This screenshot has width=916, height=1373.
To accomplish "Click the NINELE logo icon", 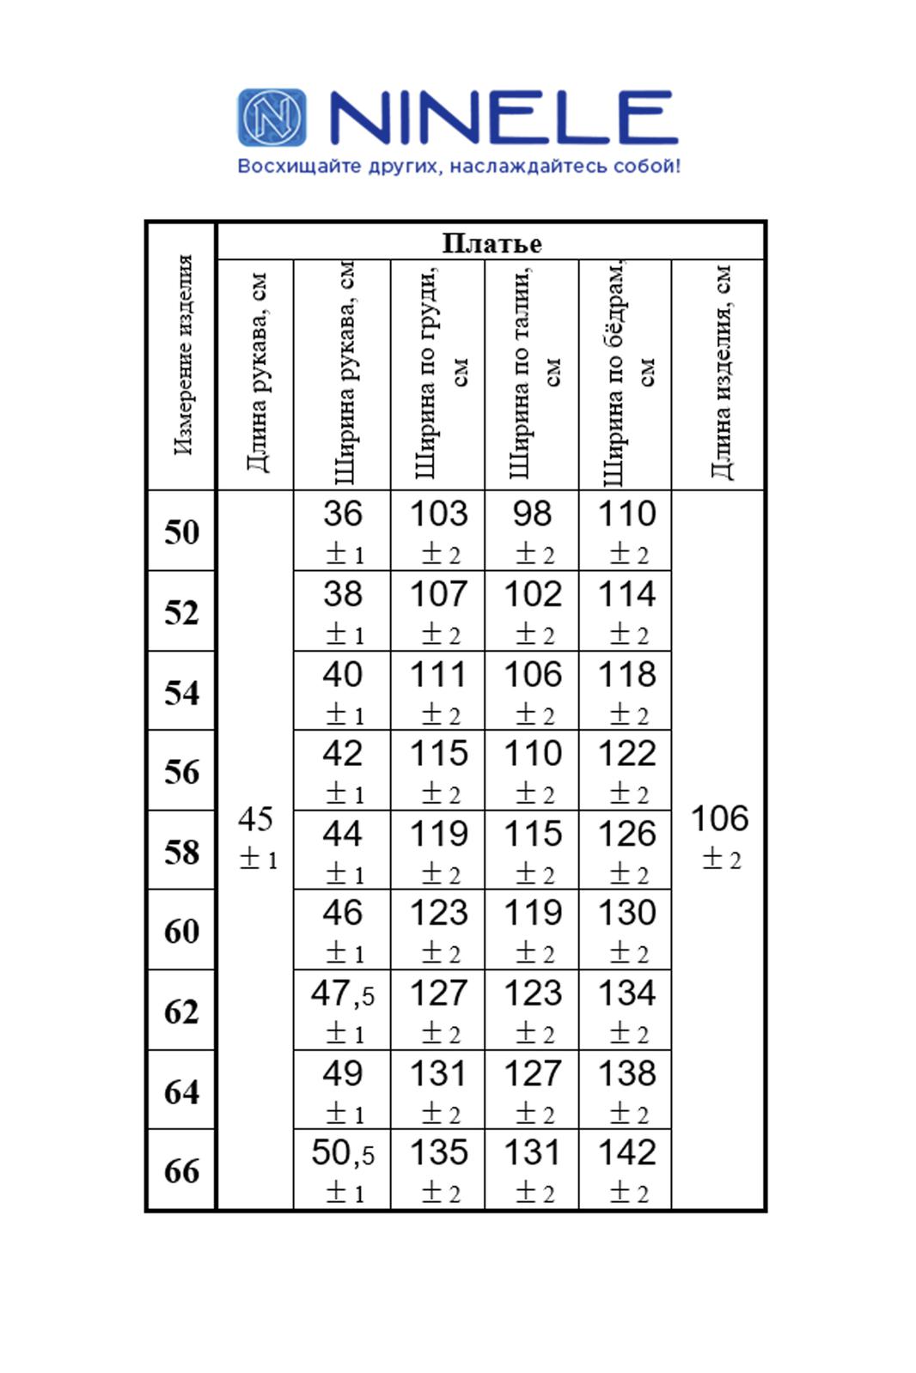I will pyautogui.click(x=272, y=117).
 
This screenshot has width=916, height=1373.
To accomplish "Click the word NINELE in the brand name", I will pyautogui.click(x=504, y=118).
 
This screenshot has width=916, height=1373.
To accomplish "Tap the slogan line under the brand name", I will pyautogui.click(x=459, y=166).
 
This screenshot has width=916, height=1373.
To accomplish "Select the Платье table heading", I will pyautogui.click(x=492, y=243).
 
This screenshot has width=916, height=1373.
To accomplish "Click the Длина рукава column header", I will pyautogui.click(x=256, y=374).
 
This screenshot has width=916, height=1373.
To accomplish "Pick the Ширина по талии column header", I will pyautogui.click(x=532, y=374).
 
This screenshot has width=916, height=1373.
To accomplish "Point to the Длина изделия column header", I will pyautogui.click(x=720, y=374).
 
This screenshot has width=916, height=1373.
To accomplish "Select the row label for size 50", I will pyautogui.click(x=182, y=532).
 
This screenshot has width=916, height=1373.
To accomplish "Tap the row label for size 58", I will pyautogui.click(x=182, y=852).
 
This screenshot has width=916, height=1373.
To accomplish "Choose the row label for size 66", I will pyautogui.click(x=182, y=1170).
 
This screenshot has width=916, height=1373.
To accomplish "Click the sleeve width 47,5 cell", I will pyautogui.click(x=343, y=1010).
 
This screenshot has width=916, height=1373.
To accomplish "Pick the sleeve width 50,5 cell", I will pyautogui.click(x=343, y=1169).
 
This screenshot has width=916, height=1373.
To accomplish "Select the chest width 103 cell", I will pyautogui.click(x=438, y=530).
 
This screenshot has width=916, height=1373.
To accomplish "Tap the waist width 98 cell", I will pyautogui.click(x=532, y=530).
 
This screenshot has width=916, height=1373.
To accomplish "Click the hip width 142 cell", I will pyautogui.click(x=626, y=1169).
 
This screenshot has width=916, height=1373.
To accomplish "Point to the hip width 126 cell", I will pyautogui.click(x=626, y=850).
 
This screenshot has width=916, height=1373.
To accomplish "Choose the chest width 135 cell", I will pyautogui.click(x=438, y=1169).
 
